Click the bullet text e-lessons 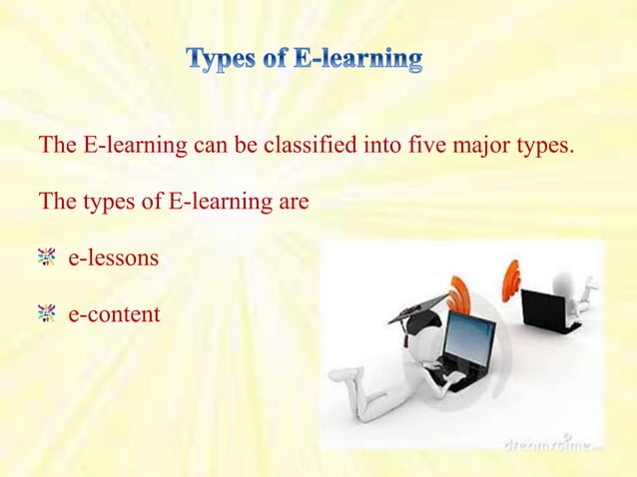click(113, 258)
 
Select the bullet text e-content click(114, 314)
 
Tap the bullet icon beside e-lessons click(46, 258)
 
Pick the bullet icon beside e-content click(46, 314)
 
